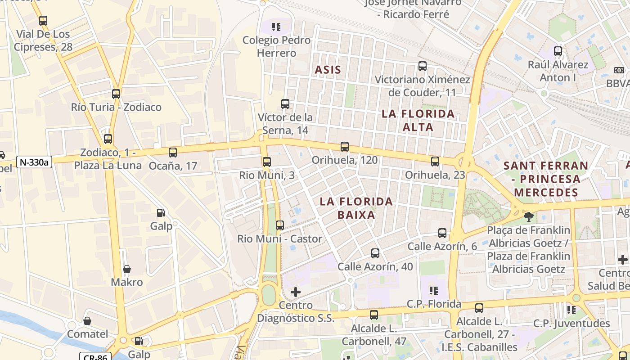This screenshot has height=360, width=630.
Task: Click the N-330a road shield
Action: click(x=34, y=162)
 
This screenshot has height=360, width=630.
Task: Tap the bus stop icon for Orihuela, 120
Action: click(x=345, y=147)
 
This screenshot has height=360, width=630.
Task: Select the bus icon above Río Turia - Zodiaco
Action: click(x=116, y=94)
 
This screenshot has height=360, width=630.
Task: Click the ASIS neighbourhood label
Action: click(x=328, y=70)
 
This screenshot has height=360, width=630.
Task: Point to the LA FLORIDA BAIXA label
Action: click(x=356, y=208)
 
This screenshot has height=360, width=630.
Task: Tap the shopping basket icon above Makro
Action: click(x=127, y=269)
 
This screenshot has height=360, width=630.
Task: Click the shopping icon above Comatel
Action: click(x=87, y=321)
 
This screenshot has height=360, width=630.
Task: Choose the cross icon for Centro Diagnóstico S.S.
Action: click(x=296, y=292)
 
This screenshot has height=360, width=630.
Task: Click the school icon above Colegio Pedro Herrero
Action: click(x=276, y=27)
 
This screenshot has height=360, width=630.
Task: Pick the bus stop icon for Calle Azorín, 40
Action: click(x=375, y=253)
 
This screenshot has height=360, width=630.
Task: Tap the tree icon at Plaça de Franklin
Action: click(x=529, y=217)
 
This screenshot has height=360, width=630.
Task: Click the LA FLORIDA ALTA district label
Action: click(x=418, y=120)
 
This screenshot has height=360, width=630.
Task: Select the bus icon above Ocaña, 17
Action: click(x=173, y=153)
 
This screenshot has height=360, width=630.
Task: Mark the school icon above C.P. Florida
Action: click(x=434, y=291)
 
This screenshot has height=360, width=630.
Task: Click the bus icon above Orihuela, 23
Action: click(x=435, y=162)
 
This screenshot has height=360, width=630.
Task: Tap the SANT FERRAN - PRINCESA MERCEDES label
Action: click(x=546, y=179)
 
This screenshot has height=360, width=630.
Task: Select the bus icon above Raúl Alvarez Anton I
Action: click(x=558, y=51)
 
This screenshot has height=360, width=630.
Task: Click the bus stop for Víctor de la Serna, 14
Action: click(x=285, y=104)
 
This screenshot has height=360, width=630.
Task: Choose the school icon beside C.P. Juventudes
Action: click(x=571, y=310)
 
